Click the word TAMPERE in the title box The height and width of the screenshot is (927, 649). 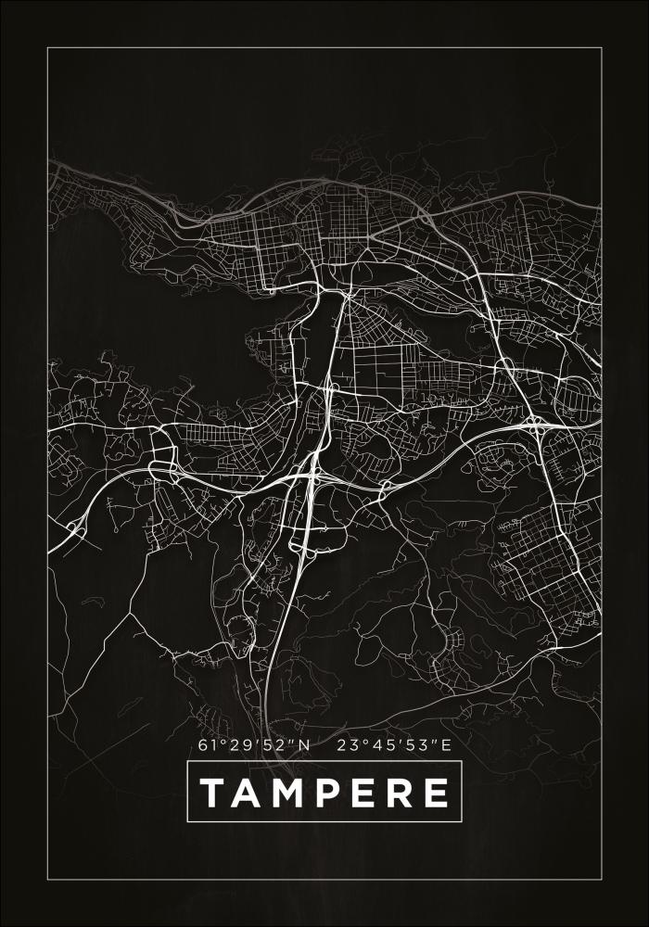324,794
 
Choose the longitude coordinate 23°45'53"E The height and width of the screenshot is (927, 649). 394,744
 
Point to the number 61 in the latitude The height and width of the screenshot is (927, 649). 207,744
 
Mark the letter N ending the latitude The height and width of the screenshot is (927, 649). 305,744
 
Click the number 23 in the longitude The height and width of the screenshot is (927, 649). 347,744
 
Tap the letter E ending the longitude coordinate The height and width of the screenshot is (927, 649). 446,744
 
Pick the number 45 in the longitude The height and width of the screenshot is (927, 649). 381,744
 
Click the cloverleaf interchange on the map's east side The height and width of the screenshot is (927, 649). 537,425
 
